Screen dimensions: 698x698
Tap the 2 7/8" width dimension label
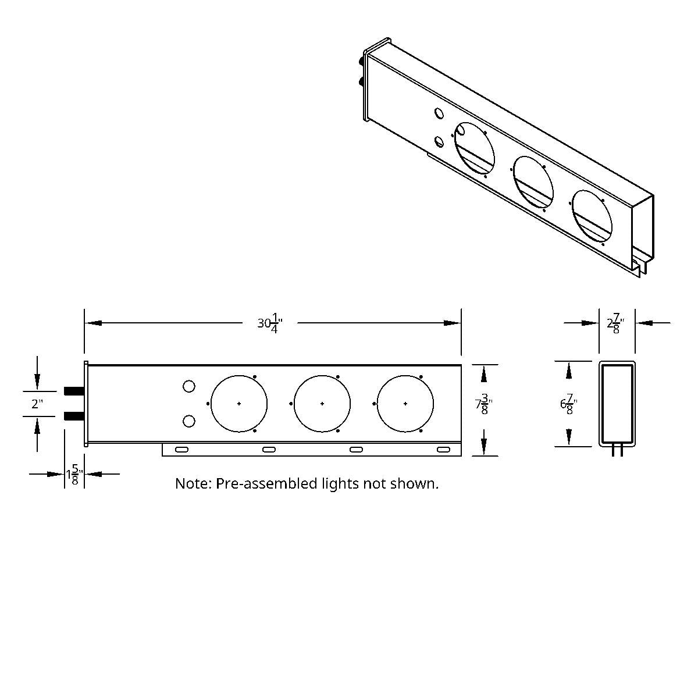pyautogui.click(x=616, y=323)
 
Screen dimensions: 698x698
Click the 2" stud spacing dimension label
pyautogui.click(x=37, y=404)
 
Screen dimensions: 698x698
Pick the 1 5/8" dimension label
pyautogui.click(x=74, y=474)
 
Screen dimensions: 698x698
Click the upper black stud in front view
pyautogui.click(x=74, y=391)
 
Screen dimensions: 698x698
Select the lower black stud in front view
pyautogui.click(x=74, y=416)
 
